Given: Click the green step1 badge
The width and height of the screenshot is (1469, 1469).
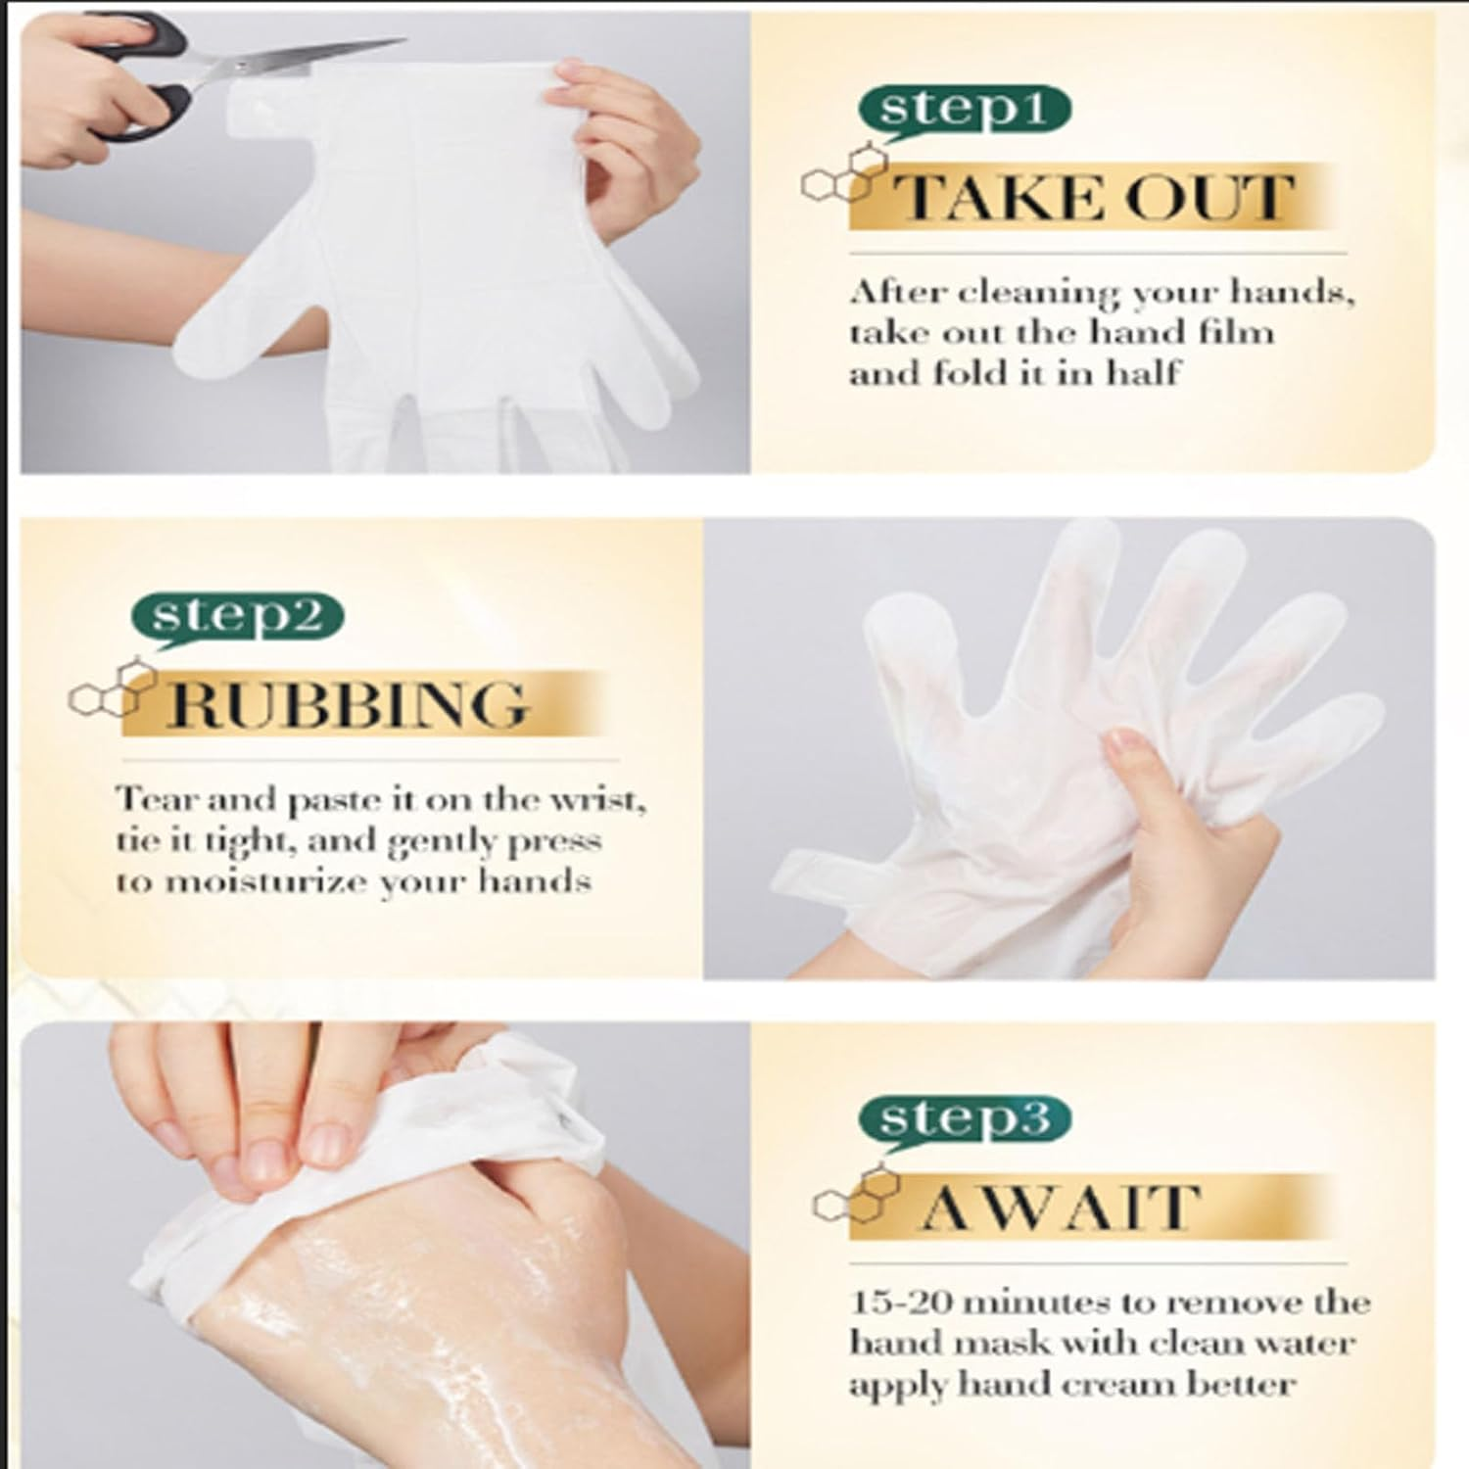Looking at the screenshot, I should pyautogui.click(x=964, y=111).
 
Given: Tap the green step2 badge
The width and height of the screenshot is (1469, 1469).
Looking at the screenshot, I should pyautogui.click(x=237, y=618).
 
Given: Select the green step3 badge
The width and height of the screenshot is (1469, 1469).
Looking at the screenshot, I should pyautogui.click(x=964, y=1118).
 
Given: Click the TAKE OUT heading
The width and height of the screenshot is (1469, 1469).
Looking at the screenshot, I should pyautogui.click(x=1095, y=199).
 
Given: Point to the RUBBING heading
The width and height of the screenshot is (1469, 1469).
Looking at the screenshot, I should pyautogui.click(x=349, y=704).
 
